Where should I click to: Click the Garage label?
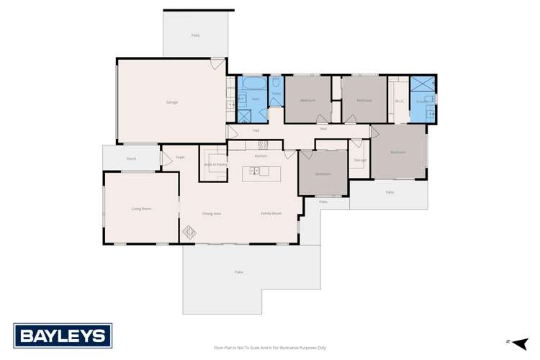coord(172,102)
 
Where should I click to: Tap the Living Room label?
coord(141,209)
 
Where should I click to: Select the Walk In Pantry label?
coord(213,165)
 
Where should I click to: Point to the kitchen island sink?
coord(255,171)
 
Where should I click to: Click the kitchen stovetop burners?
coord(263,144)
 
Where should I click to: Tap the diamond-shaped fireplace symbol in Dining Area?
coord(190,232)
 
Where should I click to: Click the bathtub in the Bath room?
coord(253,84)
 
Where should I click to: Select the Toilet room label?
coord(276,94)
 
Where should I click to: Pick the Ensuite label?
coord(420,102)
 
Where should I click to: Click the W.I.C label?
coord(399,101)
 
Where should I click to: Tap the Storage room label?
coord(360,160)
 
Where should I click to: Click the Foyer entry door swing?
coord(166,158)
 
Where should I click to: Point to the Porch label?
coord(131,158)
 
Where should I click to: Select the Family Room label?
coord(271,213)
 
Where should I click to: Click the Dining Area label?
coord(211,213)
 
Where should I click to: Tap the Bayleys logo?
coord(63,335)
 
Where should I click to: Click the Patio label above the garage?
coord(195,35)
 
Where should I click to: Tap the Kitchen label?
coord(261,156)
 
